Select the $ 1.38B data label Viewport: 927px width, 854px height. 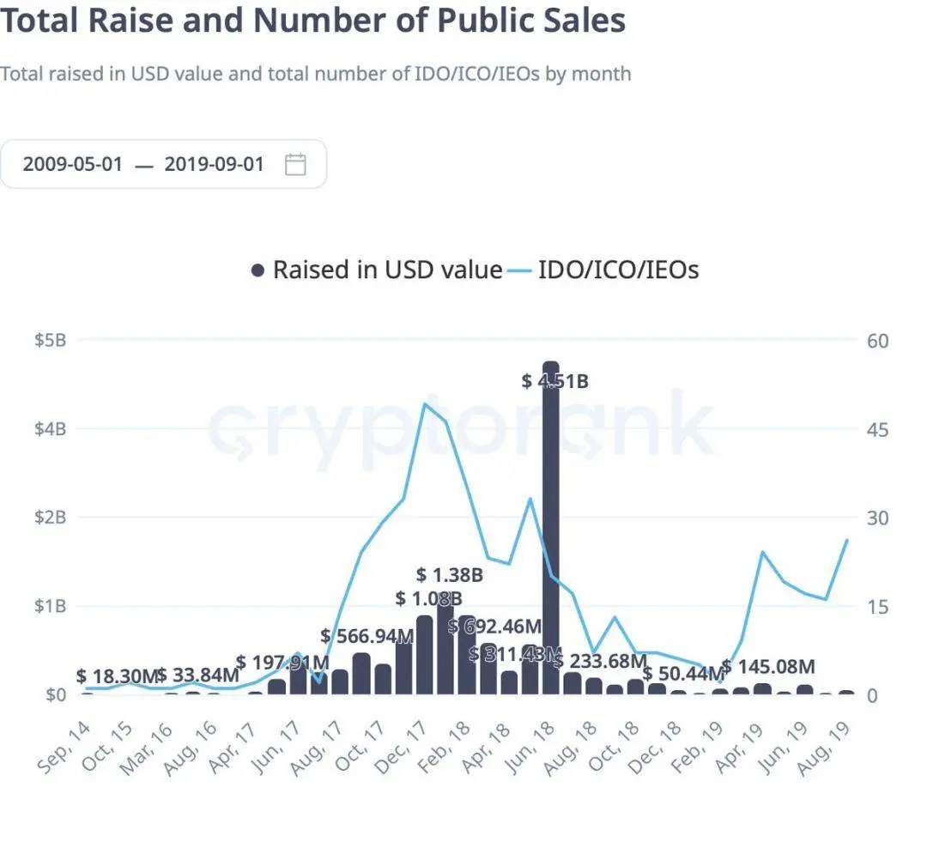point(450,575)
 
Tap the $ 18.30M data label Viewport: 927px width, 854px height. point(118,676)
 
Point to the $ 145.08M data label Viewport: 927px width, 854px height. point(768,666)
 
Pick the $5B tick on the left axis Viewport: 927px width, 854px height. point(50,340)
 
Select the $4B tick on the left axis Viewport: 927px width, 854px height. point(50,428)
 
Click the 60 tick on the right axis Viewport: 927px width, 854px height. point(878,340)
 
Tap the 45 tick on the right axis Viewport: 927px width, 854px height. point(877,428)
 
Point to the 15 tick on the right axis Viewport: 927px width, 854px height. point(877,606)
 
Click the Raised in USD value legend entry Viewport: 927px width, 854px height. point(378,270)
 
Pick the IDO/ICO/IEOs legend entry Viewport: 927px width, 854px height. point(604,270)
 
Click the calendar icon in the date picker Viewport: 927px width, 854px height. point(295,164)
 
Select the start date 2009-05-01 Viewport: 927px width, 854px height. point(73,164)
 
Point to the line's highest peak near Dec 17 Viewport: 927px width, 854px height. point(425,403)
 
